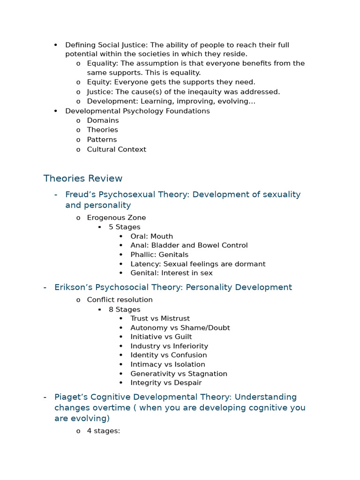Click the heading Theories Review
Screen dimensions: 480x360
82,179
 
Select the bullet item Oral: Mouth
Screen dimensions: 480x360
151,236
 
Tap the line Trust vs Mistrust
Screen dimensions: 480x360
160,318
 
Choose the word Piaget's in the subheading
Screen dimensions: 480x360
70,397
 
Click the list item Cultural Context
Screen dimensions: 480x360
116,150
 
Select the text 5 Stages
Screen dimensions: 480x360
124,227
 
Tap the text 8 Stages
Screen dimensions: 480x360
124,309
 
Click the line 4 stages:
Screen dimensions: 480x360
104,431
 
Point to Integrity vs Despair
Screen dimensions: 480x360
166,383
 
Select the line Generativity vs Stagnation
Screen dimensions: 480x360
179,374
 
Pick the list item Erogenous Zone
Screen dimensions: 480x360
116,218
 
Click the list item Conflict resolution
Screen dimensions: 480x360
120,300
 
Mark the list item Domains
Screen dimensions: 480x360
103,120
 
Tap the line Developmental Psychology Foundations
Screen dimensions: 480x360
137,111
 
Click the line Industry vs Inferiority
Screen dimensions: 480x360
169,346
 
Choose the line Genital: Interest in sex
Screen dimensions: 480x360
171,273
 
